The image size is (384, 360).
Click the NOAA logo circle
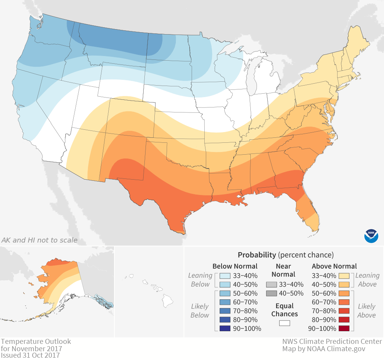click(x=371, y=235)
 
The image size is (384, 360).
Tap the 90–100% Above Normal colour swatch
click(x=344, y=329)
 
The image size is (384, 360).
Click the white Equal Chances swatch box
click(x=285, y=323)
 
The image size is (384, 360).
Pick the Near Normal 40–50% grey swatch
click(x=271, y=293)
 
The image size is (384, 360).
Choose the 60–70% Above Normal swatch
click(x=344, y=302)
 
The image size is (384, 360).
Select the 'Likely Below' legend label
click(x=200, y=311)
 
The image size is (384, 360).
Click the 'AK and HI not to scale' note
click(x=40, y=240)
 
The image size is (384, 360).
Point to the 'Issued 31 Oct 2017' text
click(x=30, y=355)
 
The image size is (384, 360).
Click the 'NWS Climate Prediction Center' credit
click(x=332, y=342)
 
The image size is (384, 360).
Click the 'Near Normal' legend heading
click(x=283, y=270)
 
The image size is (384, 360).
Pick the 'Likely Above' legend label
click(x=367, y=311)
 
